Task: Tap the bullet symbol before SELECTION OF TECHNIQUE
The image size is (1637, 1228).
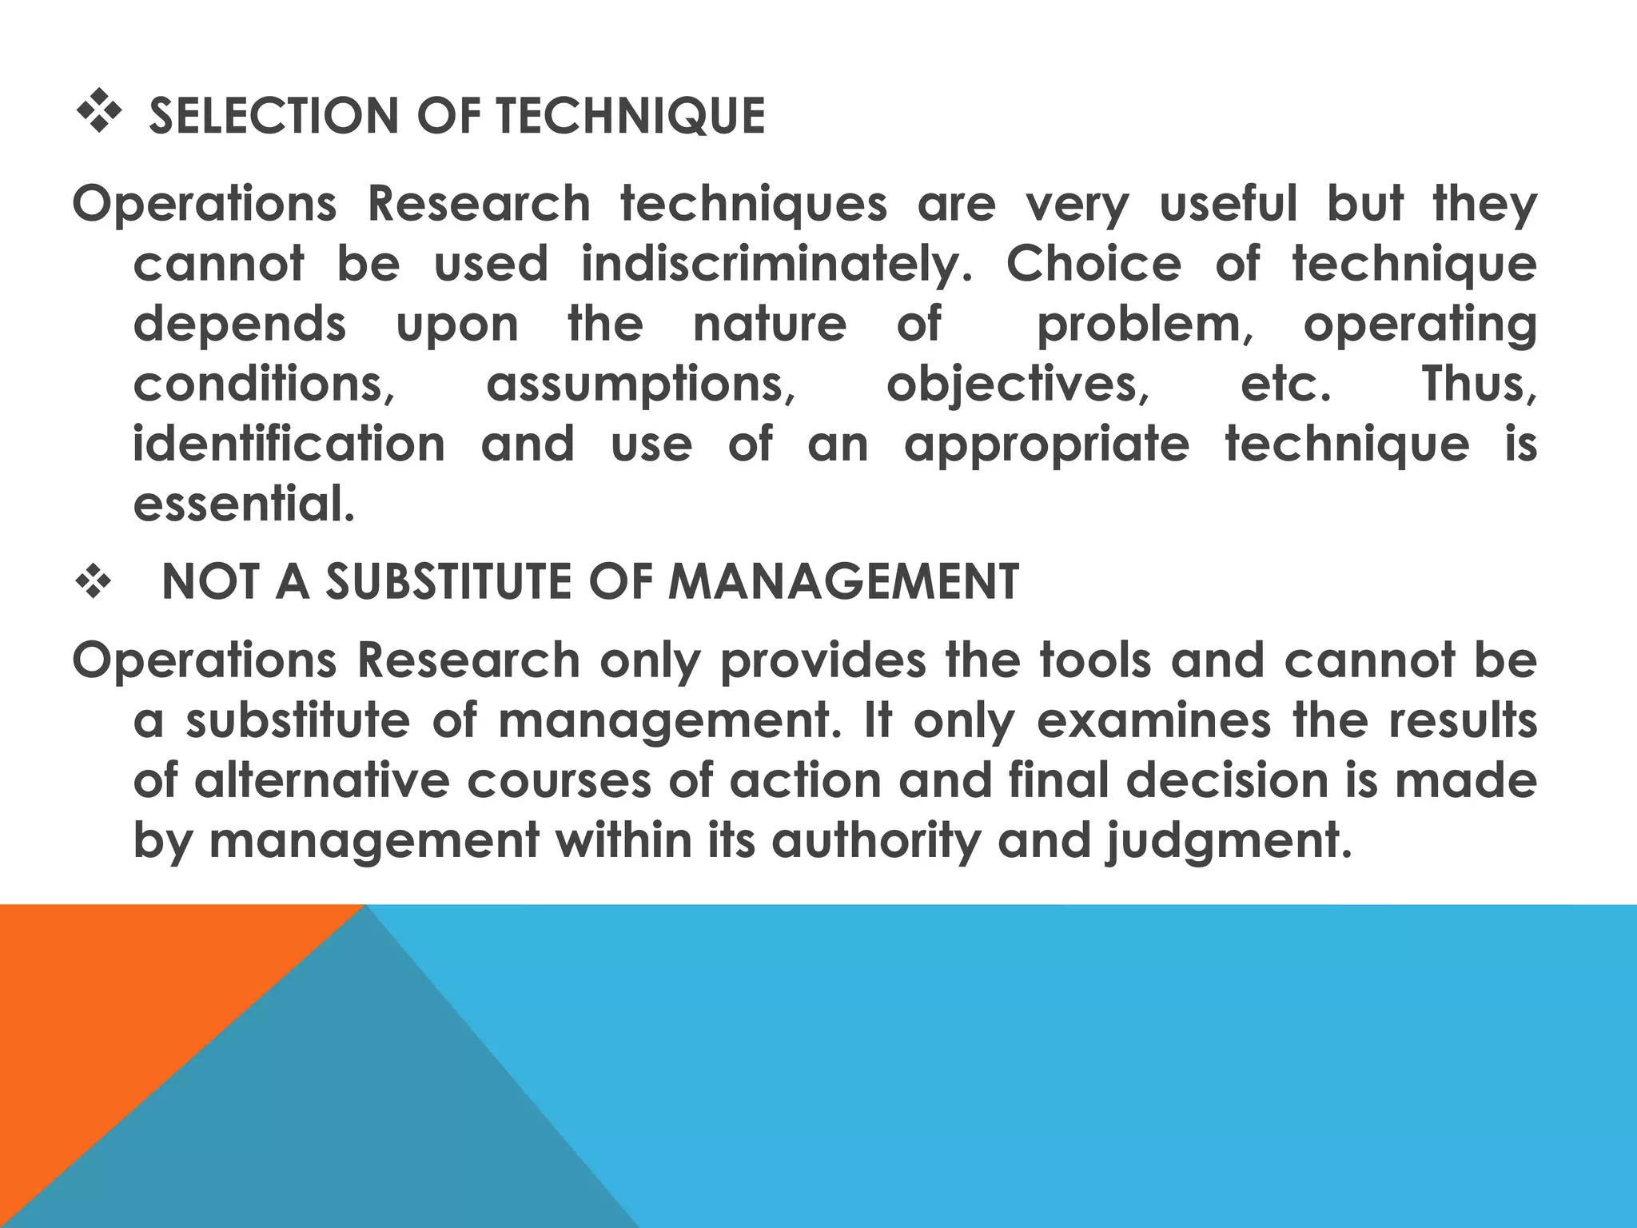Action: (97, 113)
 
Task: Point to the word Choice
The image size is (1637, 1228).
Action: (1093, 264)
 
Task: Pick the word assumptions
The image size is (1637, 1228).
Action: (640, 384)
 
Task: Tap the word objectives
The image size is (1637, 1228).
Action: (1018, 385)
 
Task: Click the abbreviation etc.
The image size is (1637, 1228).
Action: (1286, 384)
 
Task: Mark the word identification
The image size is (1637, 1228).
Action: (289, 444)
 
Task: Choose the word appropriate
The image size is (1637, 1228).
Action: (1046, 445)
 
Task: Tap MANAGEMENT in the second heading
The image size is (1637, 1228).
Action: (843, 581)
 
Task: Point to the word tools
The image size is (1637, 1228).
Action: (1096, 661)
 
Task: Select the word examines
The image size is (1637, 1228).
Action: (1153, 720)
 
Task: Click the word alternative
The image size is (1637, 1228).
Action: (322, 780)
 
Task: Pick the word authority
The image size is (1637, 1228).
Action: (875, 841)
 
